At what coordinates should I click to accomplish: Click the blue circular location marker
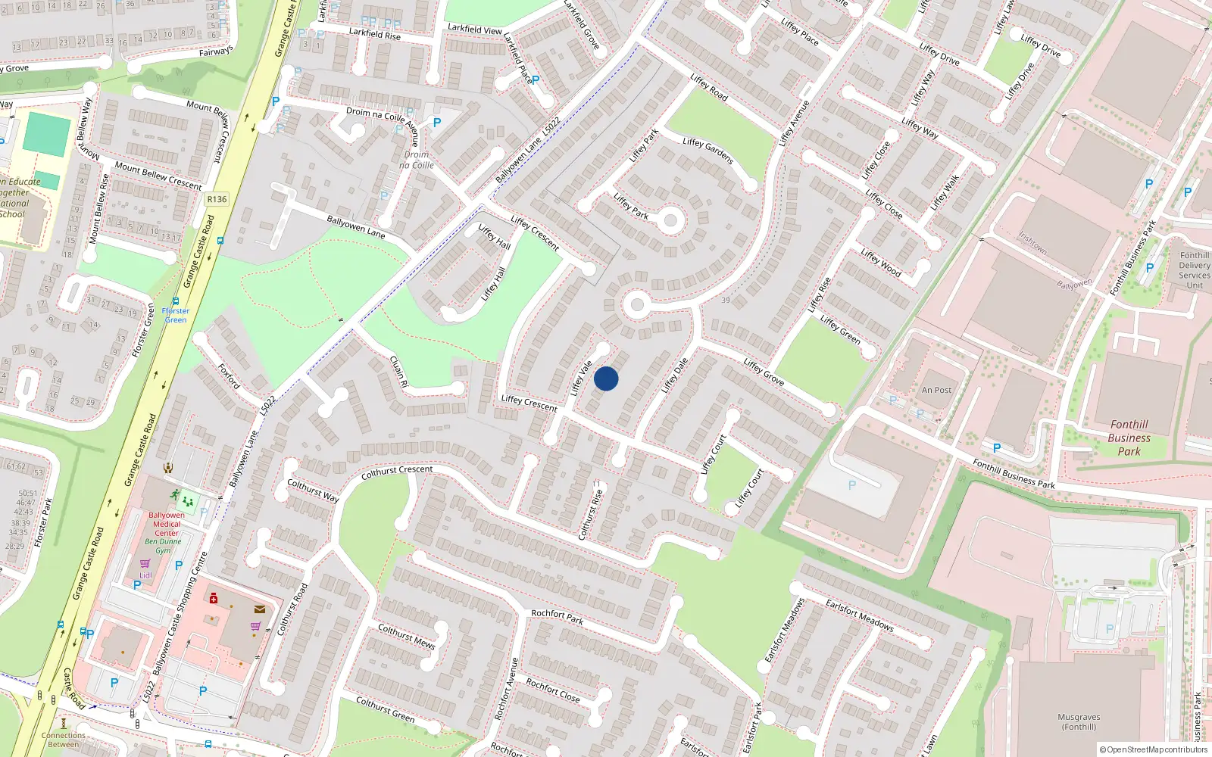click(x=606, y=378)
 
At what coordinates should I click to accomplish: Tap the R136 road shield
click(x=217, y=199)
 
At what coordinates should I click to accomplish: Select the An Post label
click(x=936, y=390)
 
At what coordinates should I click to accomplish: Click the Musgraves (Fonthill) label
click(x=1079, y=721)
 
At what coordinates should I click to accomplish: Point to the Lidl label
click(x=145, y=575)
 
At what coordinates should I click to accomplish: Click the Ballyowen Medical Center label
click(x=167, y=524)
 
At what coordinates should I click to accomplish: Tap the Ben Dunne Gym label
click(x=163, y=546)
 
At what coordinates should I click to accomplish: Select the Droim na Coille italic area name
click(x=416, y=160)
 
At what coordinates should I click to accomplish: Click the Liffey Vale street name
click(x=581, y=378)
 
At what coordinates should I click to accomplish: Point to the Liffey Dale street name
click(x=674, y=375)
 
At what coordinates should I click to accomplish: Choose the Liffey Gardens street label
click(x=708, y=151)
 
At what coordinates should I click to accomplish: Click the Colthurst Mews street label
click(x=407, y=637)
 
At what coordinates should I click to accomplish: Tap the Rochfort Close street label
click(x=553, y=690)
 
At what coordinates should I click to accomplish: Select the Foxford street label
click(x=229, y=376)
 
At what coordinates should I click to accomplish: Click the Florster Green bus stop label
click(x=175, y=315)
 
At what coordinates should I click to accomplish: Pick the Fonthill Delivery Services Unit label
click(x=1194, y=270)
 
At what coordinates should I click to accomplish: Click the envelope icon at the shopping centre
click(x=260, y=609)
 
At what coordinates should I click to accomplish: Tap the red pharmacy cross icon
click(x=214, y=599)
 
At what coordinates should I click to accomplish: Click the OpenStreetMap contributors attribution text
click(x=1153, y=749)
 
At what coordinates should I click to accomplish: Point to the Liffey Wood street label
click(x=880, y=263)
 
